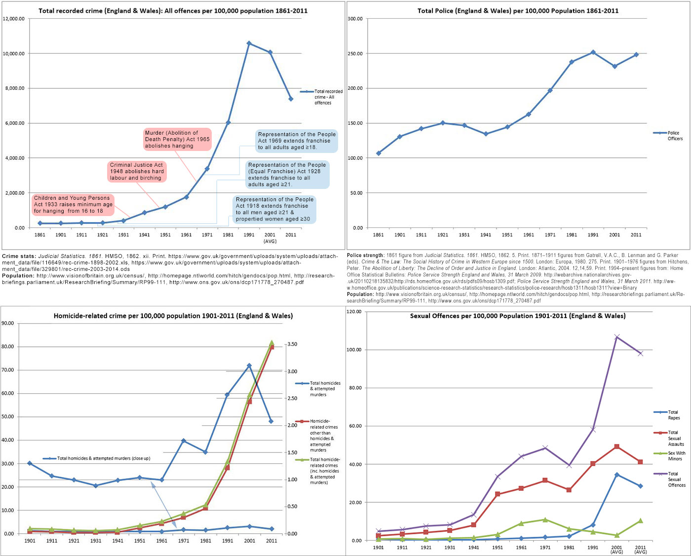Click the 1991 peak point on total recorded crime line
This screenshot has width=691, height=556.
(249, 43)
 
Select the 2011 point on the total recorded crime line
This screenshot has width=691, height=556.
(291, 99)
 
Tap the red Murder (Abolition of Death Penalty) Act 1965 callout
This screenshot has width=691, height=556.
(177, 139)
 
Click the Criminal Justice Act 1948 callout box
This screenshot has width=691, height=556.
(136, 172)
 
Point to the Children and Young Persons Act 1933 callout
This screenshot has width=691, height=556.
(73, 204)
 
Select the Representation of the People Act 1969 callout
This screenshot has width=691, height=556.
(297, 141)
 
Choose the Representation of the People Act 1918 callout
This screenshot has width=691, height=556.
(274, 209)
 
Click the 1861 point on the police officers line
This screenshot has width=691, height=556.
(379, 153)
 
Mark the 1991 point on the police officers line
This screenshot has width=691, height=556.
(593, 52)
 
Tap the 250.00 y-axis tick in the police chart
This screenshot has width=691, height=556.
(355, 54)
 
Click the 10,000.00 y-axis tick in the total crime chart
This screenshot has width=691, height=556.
(14, 54)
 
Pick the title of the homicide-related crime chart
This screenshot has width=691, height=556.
(173, 316)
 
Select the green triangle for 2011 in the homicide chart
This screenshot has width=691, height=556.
(271, 342)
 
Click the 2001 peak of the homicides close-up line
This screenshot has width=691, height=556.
(249, 366)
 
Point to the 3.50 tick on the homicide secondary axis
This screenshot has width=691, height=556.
(292, 344)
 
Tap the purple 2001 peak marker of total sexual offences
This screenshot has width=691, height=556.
(617, 337)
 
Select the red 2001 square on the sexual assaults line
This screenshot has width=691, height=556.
(617, 446)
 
